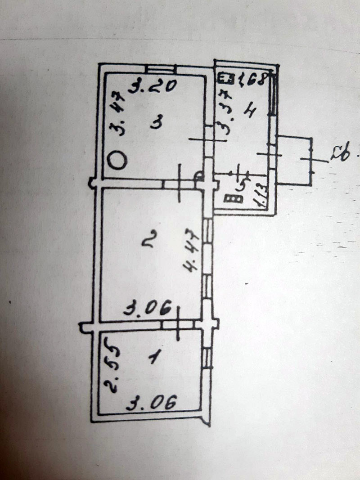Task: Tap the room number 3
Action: point(156,122)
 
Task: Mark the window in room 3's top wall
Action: point(161,69)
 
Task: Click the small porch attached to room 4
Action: point(294,160)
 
